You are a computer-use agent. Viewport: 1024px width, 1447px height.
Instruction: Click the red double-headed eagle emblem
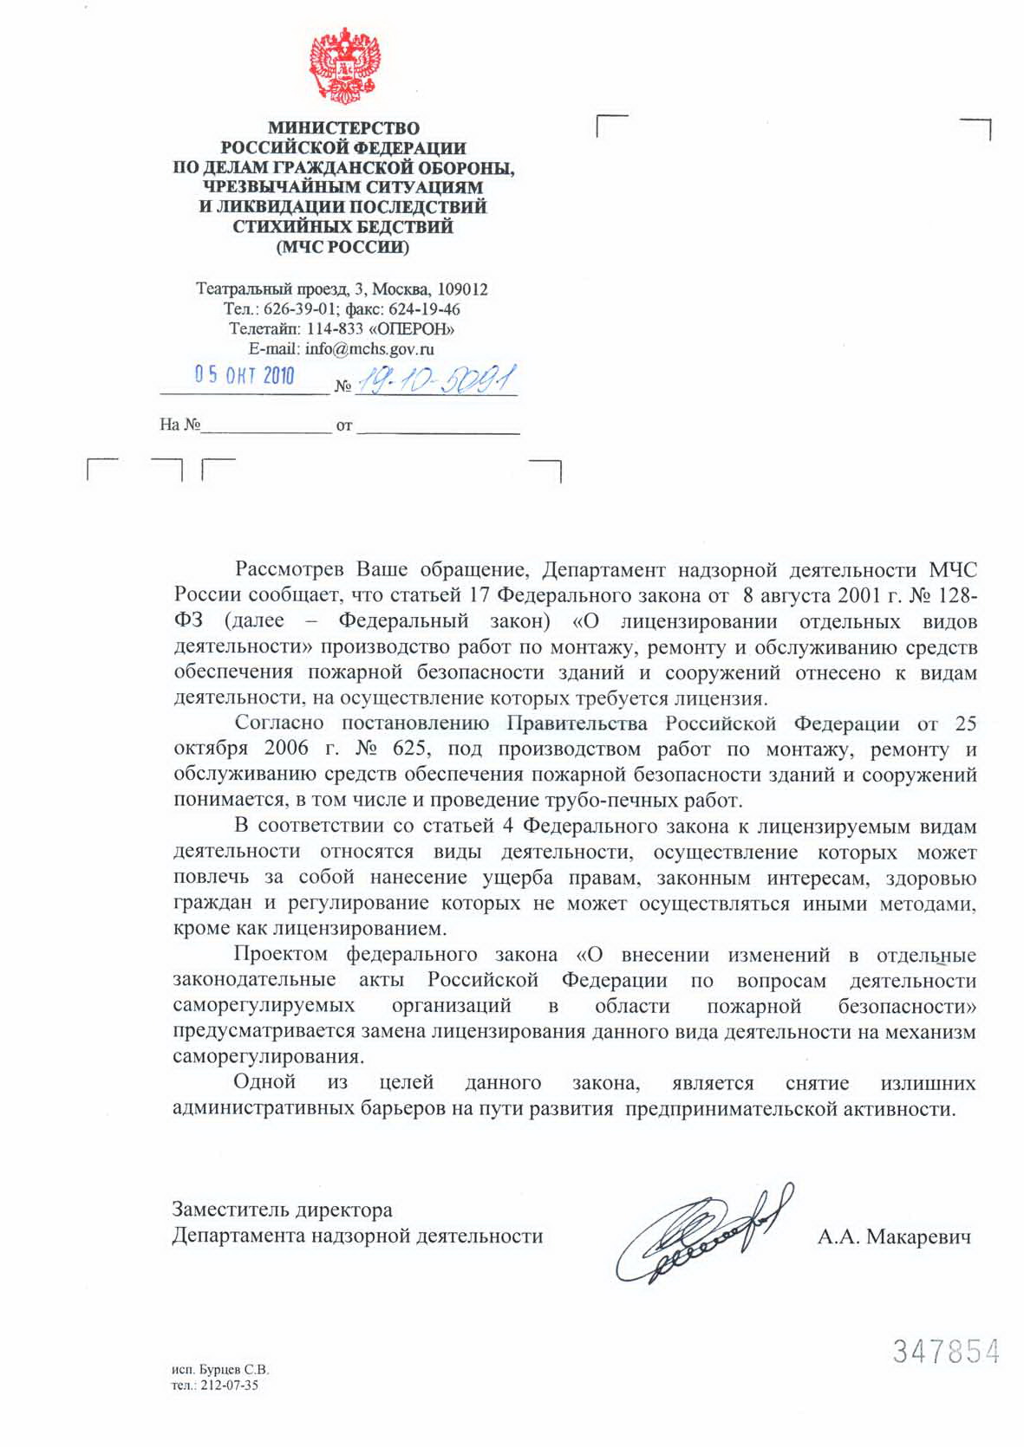344,68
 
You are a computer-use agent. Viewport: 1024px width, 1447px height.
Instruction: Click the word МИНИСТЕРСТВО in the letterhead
343,128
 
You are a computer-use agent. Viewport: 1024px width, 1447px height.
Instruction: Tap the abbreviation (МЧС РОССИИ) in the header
342,247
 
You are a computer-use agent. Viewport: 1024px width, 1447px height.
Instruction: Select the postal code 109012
462,289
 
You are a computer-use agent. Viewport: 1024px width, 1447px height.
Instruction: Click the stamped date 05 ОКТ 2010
245,375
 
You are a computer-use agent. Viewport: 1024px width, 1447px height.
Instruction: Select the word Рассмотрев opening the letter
290,570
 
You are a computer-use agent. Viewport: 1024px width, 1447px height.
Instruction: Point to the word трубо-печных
608,800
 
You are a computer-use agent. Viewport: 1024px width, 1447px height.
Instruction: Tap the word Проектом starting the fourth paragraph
280,955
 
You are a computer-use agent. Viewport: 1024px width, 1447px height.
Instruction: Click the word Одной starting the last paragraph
264,1082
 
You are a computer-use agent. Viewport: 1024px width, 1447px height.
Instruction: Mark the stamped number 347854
946,1352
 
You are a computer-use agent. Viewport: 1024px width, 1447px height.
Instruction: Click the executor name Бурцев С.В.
233,1370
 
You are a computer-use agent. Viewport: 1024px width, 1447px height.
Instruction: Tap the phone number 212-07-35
229,1385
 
